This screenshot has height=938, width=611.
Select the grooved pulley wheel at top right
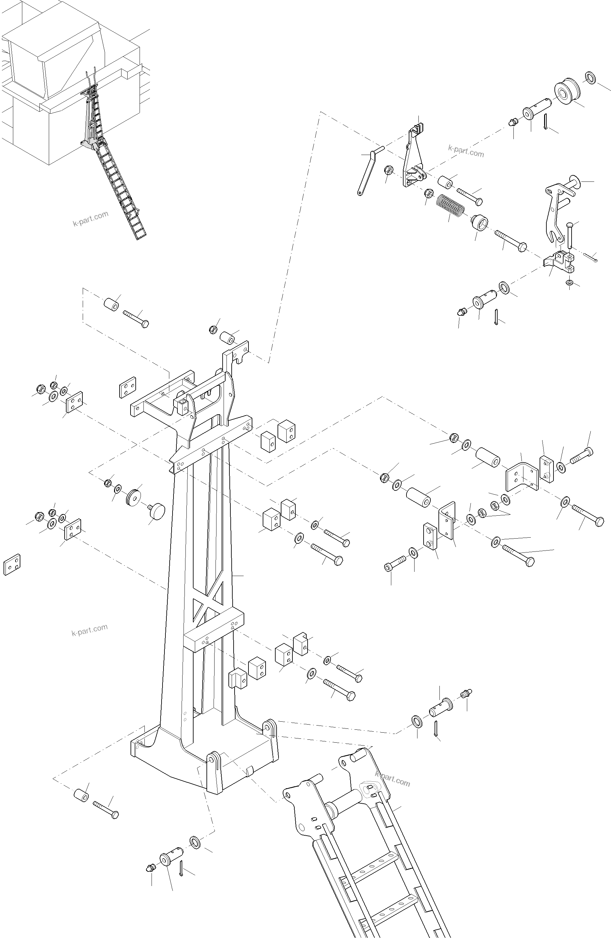click(x=567, y=91)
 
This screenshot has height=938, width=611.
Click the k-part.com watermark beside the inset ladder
click(x=90, y=218)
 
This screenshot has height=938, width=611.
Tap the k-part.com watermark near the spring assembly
click(x=466, y=150)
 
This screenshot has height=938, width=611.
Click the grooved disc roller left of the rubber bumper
click(x=133, y=499)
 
